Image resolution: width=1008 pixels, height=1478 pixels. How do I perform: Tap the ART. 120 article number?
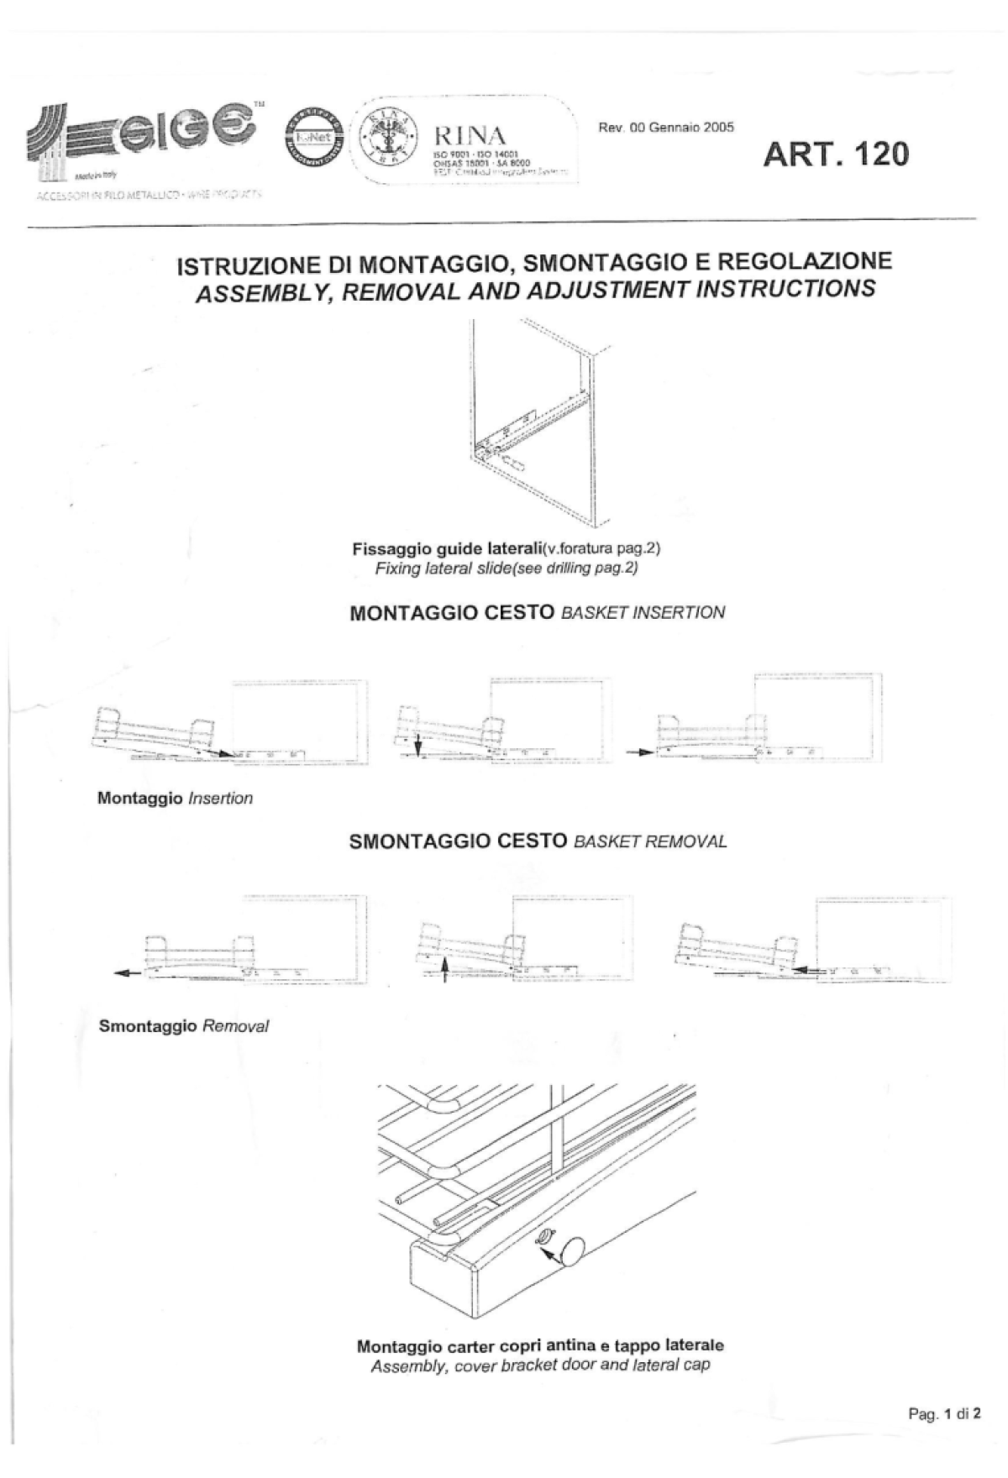pos(836,155)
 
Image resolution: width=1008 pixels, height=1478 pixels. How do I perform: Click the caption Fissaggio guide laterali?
pos(447,549)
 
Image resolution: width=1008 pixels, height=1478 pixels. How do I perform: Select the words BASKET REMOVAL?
pos(650,842)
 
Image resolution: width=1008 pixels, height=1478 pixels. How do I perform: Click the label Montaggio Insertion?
pos(175,799)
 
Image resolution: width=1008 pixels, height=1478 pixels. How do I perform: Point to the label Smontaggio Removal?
pos(183,1026)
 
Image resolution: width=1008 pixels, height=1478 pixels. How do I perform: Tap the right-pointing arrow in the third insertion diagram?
pos(640,752)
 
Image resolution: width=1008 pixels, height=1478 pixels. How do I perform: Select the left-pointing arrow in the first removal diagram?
pos(127,973)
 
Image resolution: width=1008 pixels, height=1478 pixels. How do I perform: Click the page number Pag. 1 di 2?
pos(944,1413)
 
